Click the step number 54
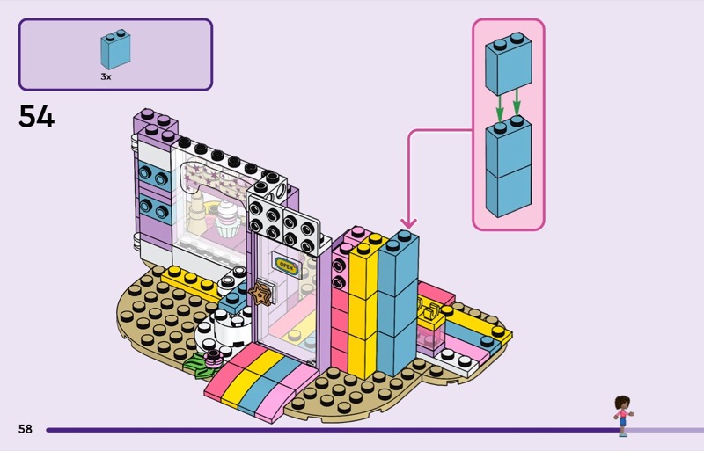(x=36, y=116)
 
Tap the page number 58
(x=25, y=429)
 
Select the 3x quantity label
(x=106, y=77)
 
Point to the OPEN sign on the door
(x=287, y=263)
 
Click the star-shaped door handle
(x=261, y=293)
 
